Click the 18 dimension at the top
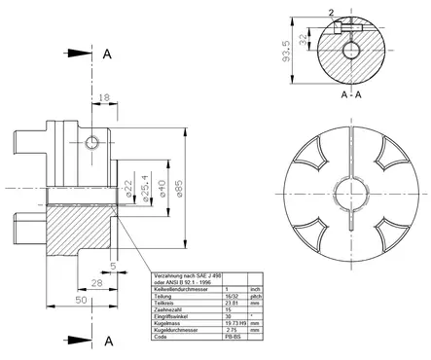(x=104, y=98)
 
